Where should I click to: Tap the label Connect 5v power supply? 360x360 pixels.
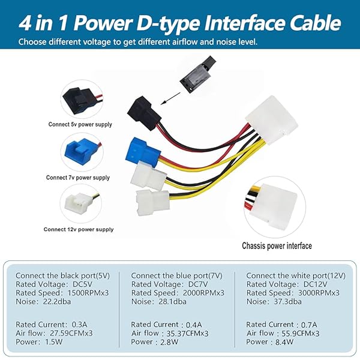click(80, 124)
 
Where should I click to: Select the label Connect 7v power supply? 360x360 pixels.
click(78, 178)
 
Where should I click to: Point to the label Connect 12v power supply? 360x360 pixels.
click(79, 229)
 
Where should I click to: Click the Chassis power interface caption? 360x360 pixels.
click(277, 245)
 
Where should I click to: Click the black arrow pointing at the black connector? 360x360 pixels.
click(170, 98)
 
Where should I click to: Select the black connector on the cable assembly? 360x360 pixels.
click(144, 113)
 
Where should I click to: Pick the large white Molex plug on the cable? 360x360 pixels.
click(272, 120)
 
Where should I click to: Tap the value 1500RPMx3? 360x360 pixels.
click(88, 293)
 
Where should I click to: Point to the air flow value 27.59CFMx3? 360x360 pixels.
click(71, 333)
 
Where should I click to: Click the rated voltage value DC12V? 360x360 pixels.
click(315, 284)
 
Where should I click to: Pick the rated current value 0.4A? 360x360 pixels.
click(194, 325)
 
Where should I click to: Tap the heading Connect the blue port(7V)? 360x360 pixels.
click(177, 275)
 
